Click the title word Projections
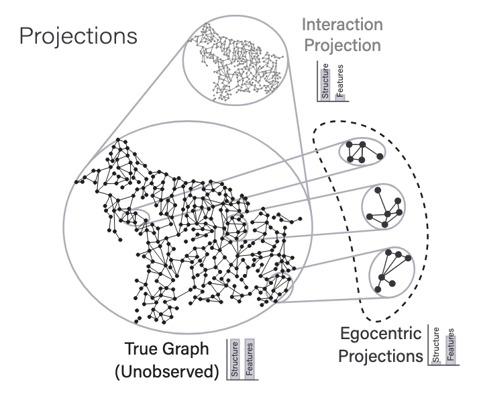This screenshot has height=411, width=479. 78,36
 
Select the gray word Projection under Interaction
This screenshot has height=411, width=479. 342,46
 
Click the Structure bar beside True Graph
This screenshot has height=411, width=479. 235,361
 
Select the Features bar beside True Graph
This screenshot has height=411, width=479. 250,361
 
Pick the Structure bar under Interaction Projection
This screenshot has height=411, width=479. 325,81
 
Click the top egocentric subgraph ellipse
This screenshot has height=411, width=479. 362,151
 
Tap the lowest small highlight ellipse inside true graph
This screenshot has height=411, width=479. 279,289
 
